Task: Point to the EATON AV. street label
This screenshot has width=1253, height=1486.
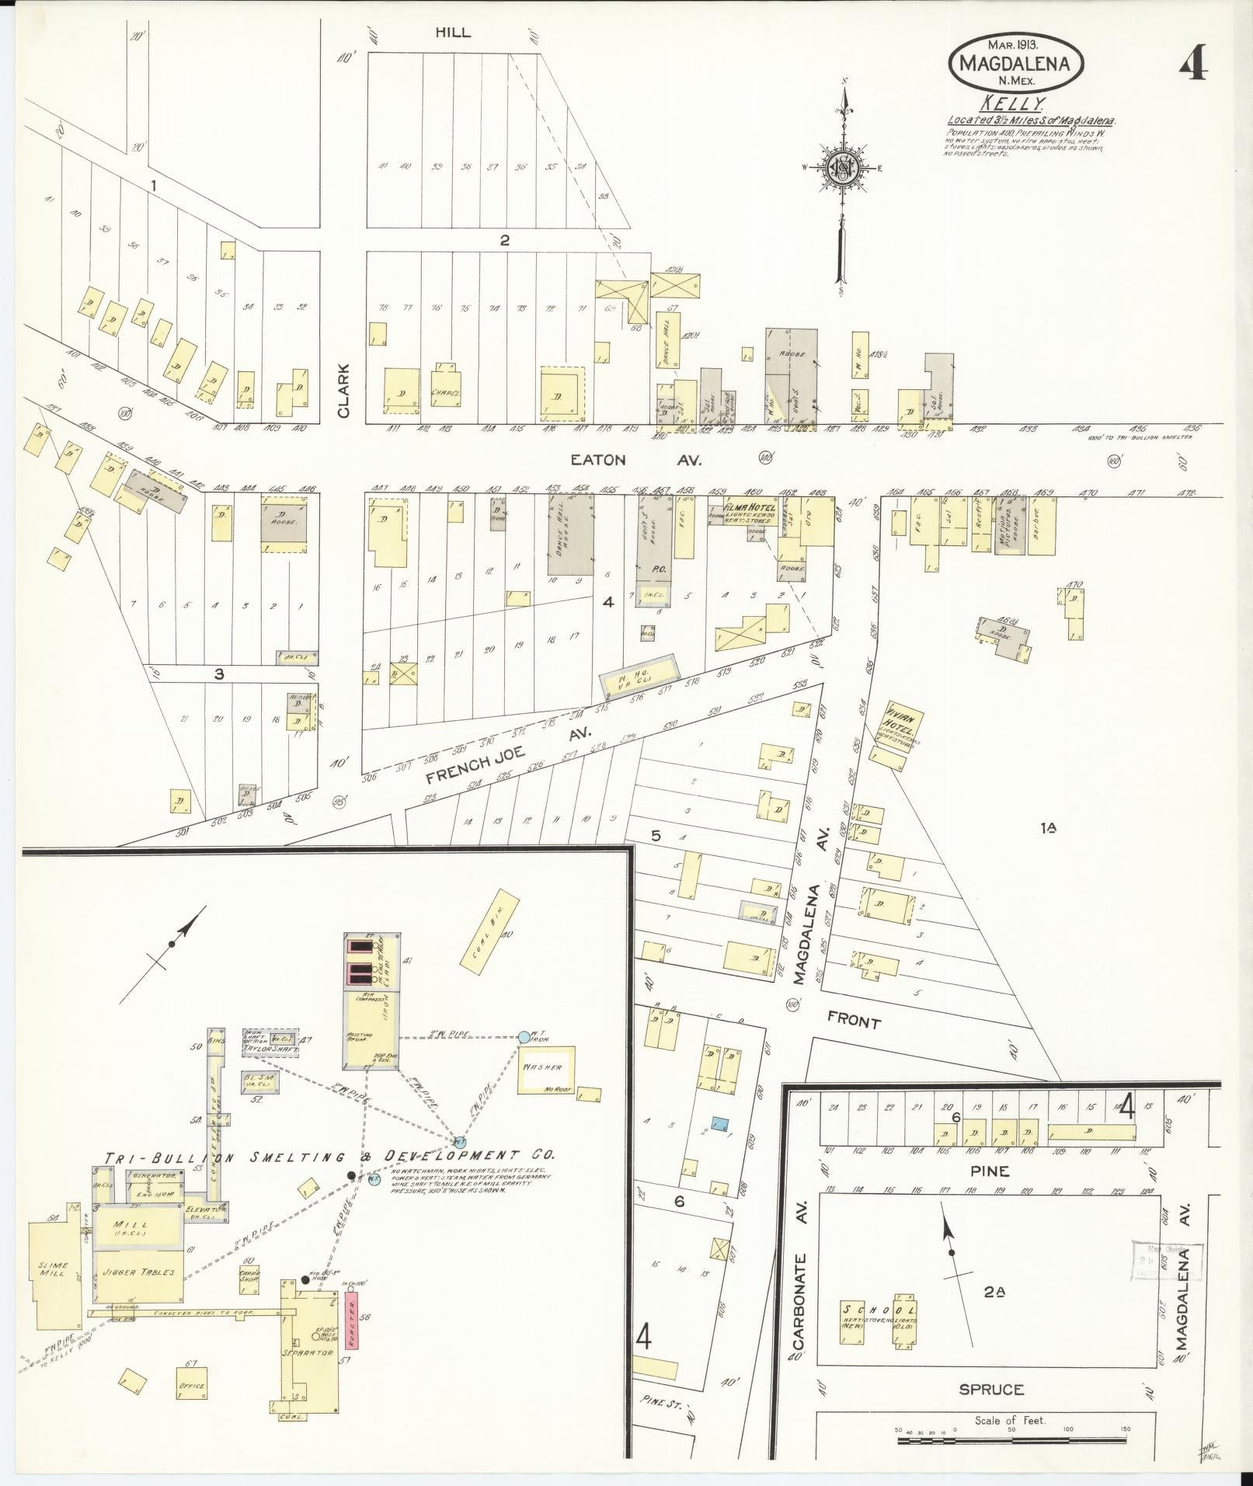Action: coord(635,460)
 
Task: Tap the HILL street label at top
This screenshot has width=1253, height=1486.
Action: coord(453,33)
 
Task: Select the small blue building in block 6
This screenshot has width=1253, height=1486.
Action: coord(720,1124)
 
